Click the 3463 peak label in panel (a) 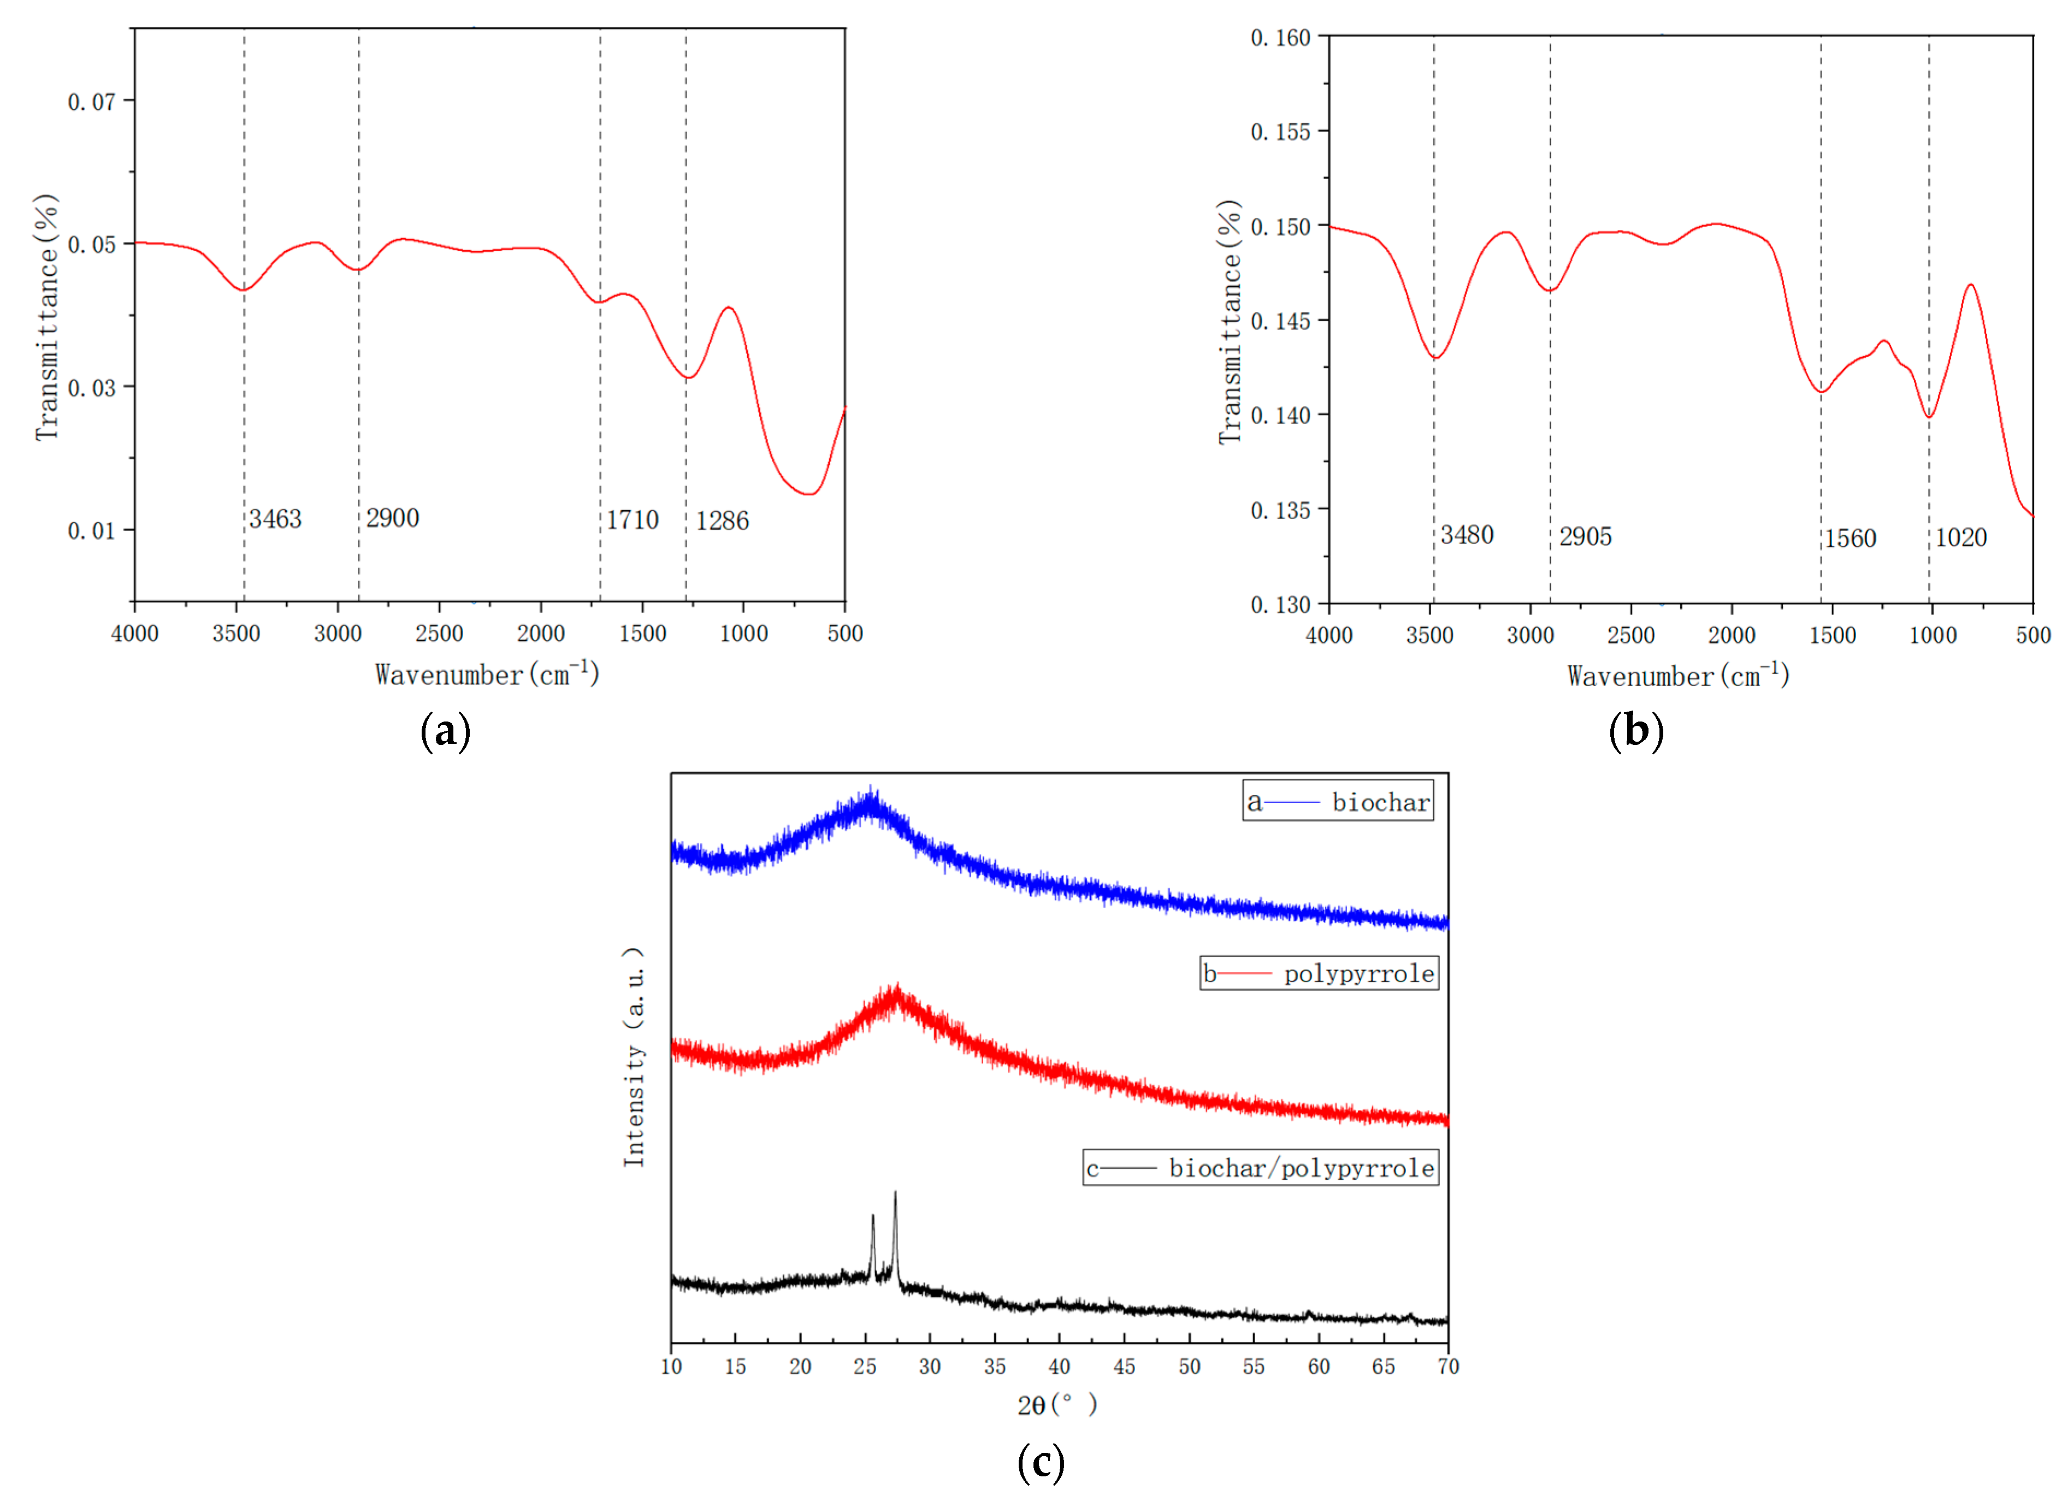click(x=275, y=519)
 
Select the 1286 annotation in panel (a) click(x=722, y=521)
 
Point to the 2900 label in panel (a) click(x=392, y=518)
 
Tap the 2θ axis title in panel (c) click(x=1057, y=1404)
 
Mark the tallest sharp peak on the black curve click(x=895, y=1193)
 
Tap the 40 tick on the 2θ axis click(x=1059, y=1366)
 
